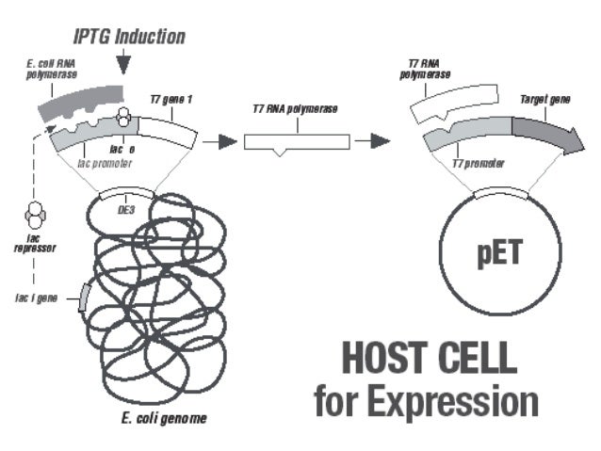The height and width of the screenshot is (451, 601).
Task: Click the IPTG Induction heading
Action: pos(130,37)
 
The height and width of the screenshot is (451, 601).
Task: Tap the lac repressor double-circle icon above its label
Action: pos(35,214)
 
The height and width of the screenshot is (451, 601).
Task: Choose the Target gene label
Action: pos(545,99)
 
